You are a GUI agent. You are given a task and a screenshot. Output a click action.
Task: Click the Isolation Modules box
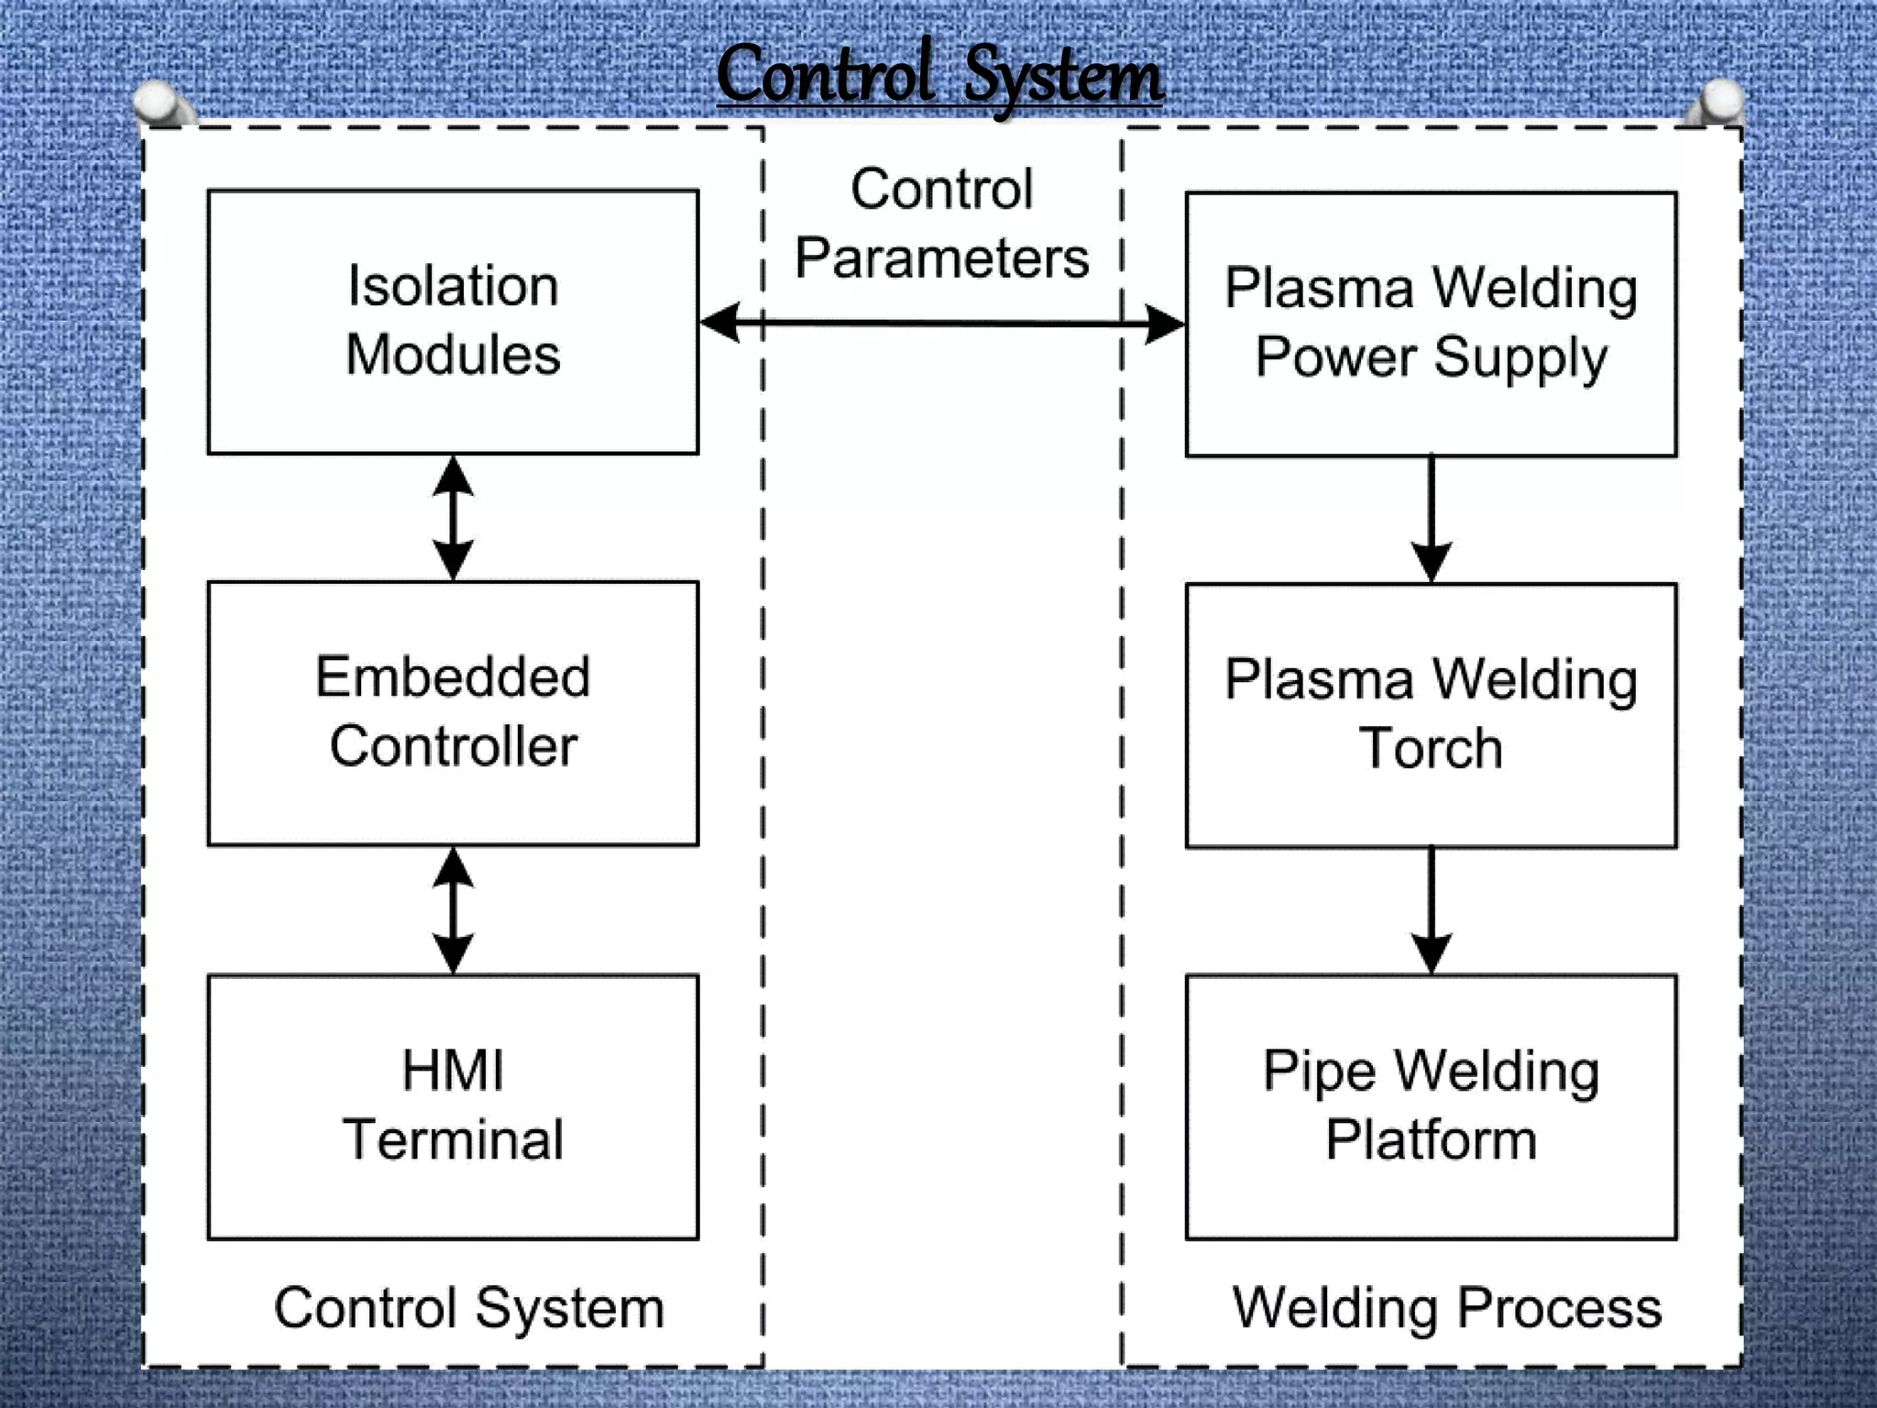[x=453, y=322]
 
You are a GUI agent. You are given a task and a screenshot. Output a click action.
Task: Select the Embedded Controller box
[x=453, y=713]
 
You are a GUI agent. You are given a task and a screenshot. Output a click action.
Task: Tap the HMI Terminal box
[x=453, y=1106]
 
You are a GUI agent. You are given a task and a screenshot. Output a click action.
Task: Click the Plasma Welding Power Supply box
[x=1431, y=324]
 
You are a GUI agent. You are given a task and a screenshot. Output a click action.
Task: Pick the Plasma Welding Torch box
[x=1431, y=715]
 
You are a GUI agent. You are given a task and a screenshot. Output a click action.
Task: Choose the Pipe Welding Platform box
[x=1431, y=1106]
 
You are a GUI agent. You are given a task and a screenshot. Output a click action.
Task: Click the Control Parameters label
[x=942, y=223]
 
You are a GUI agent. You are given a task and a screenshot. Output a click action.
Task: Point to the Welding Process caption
[x=1446, y=1307]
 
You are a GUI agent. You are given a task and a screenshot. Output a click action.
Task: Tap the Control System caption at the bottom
[x=469, y=1307]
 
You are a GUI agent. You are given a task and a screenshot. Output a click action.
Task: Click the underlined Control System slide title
[x=939, y=75]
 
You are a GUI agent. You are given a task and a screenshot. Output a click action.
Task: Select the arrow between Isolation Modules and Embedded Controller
[x=453, y=518]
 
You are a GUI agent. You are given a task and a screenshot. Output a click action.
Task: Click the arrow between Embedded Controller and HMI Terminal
[x=453, y=909]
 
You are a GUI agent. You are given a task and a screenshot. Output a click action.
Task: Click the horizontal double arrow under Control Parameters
[x=942, y=323]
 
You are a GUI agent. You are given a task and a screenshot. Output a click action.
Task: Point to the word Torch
[x=1431, y=748]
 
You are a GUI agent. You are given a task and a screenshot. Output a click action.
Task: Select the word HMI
[x=453, y=1070]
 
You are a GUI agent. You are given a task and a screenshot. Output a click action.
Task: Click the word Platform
[x=1431, y=1139]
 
